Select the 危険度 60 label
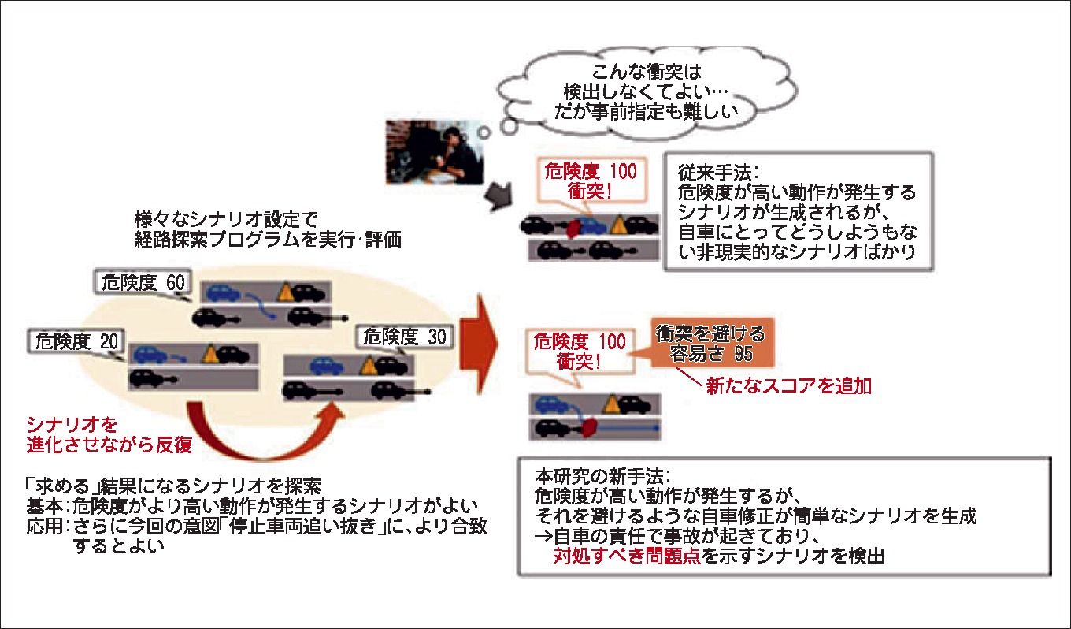click(139, 282)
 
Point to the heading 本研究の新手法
click(602, 478)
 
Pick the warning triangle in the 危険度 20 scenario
click(210, 353)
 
